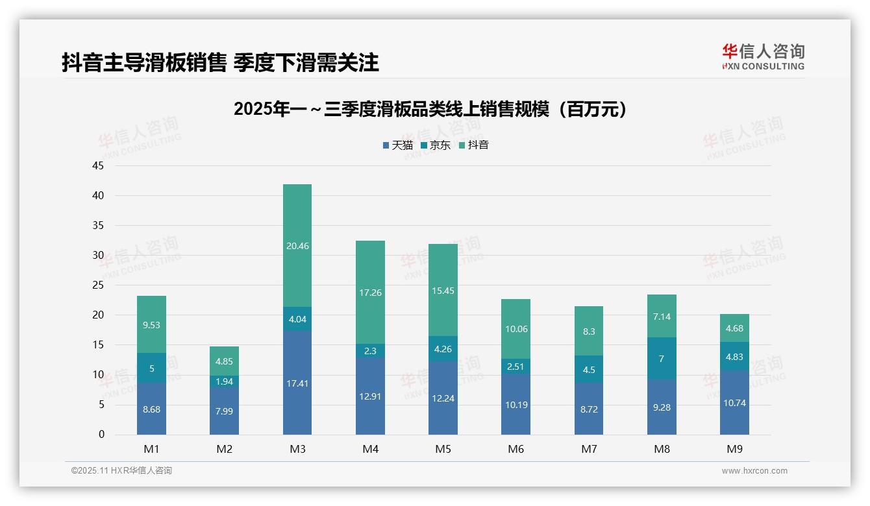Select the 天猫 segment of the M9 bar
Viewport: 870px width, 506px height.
click(734, 402)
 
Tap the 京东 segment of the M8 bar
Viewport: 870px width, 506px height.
click(662, 358)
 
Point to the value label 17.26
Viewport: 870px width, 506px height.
click(370, 293)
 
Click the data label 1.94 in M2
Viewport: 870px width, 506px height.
click(224, 381)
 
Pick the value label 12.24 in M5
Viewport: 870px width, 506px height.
click(443, 398)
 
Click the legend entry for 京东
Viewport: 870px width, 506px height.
click(436, 145)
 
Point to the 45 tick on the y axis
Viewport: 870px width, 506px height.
click(98, 166)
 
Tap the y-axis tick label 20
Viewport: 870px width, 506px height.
click(98, 315)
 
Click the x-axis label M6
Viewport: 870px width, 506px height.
click(516, 449)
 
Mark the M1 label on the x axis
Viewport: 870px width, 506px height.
click(151, 449)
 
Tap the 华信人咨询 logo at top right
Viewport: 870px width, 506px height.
click(763, 57)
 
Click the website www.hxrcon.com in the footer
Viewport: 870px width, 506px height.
click(754, 471)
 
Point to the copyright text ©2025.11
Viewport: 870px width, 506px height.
click(121, 471)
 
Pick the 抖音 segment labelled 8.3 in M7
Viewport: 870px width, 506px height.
click(589, 331)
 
